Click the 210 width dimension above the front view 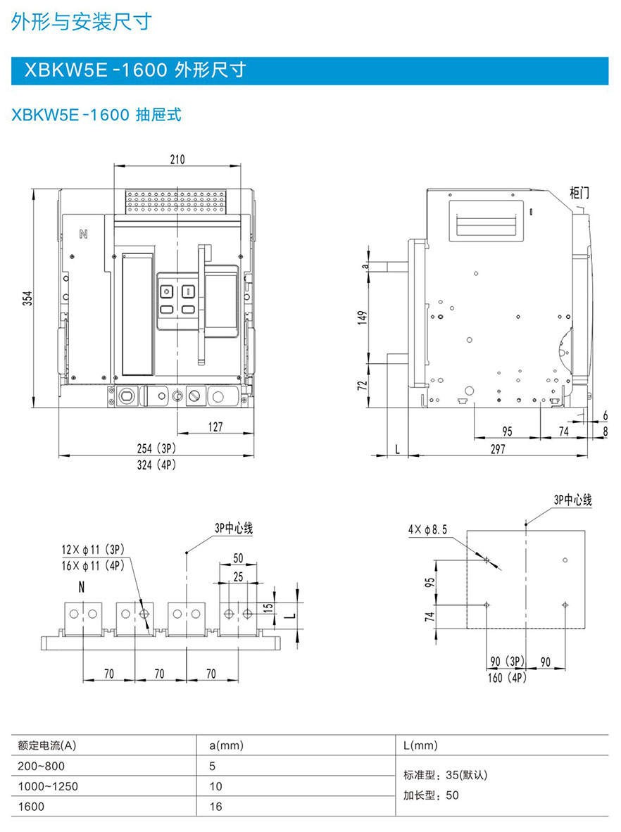coord(177,159)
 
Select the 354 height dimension coord(27,299)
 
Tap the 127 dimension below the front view coord(215,427)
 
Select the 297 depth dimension coord(498,448)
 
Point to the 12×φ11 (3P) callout coord(92,549)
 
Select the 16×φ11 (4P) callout coord(92,565)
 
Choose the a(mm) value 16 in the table coord(216,807)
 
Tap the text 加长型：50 coord(431,796)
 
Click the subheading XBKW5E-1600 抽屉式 coord(96,114)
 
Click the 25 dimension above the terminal coord(238,576)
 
